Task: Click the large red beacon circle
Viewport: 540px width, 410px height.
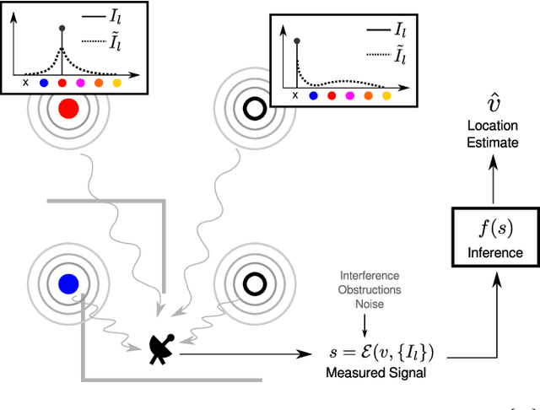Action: coord(69,109)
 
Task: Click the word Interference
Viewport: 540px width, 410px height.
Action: coord(370,277)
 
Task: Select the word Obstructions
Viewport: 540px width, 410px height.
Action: coord(370,289)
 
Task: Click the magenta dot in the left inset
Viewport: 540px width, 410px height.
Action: coord(80,83)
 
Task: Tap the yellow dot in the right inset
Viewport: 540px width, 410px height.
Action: coord(387,96)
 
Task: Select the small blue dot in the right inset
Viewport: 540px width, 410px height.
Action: coord(313,96)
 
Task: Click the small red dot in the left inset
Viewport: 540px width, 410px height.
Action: coord(62,83)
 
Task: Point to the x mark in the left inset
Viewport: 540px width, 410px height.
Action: coord(25,83)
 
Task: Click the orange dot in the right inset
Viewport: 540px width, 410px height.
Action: coord(369,96)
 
